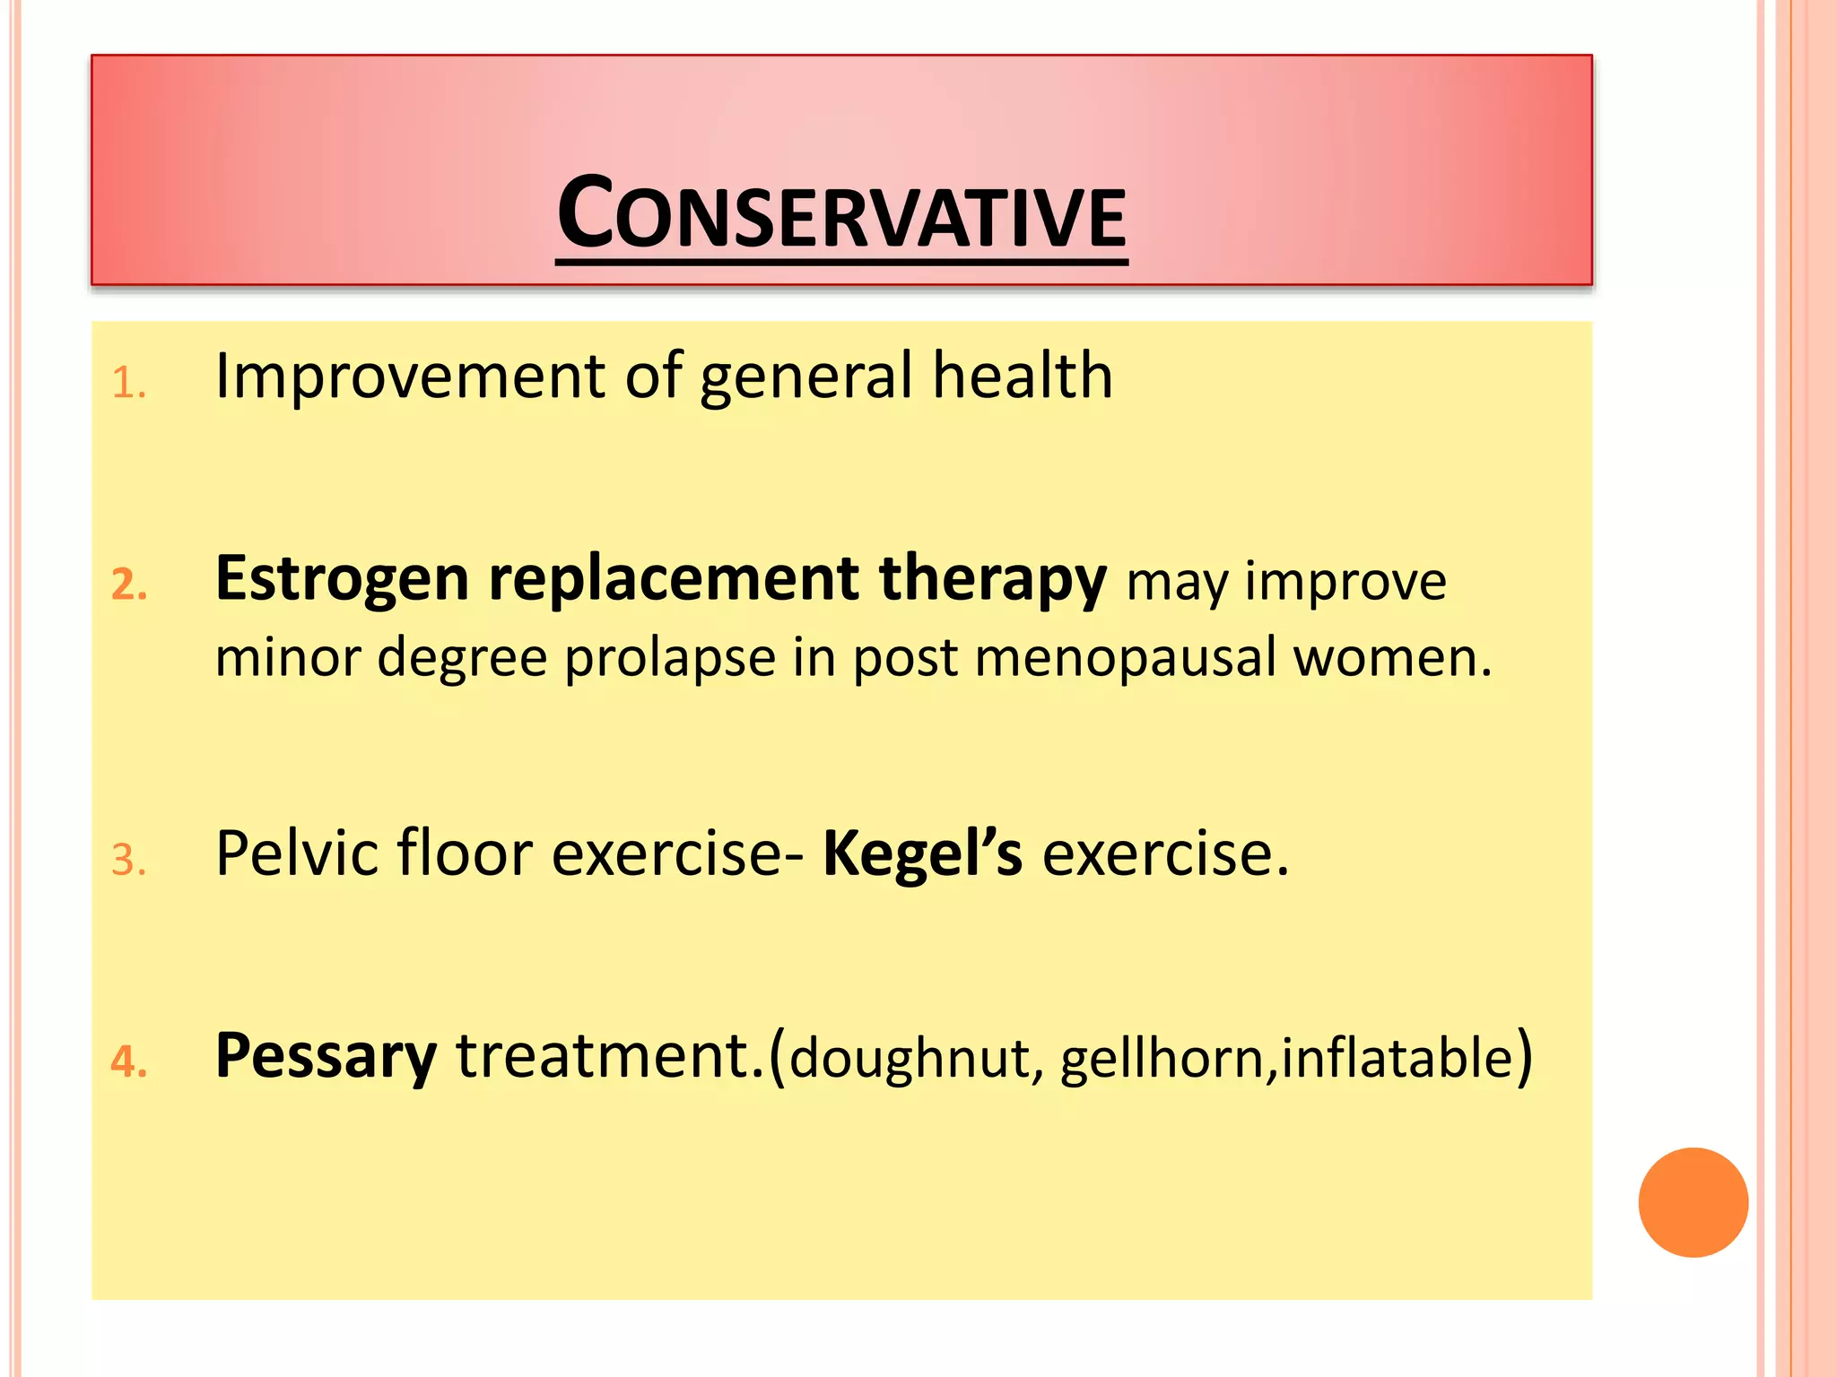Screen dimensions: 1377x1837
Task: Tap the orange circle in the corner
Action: [x=1693, y=1201]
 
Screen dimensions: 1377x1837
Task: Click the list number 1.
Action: [x=128, y=384]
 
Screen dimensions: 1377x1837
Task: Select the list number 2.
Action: [x=129, y=585]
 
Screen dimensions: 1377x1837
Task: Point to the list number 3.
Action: [x=128, y=860]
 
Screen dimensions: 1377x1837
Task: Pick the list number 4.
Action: [x=129, y=1061]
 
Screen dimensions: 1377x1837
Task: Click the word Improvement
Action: [x=410, y=377]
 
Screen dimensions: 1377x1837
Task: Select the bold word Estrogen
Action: [x=342, y=578]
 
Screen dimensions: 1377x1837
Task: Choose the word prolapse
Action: [x=670, y=659]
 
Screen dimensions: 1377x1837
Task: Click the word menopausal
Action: [x=1125, y=659]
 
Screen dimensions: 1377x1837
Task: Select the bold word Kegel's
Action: [x=922, y=853]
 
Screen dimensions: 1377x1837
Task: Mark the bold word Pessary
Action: [x=326, y=1056]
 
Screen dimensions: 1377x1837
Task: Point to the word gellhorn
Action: [x=1162, y=1059]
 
